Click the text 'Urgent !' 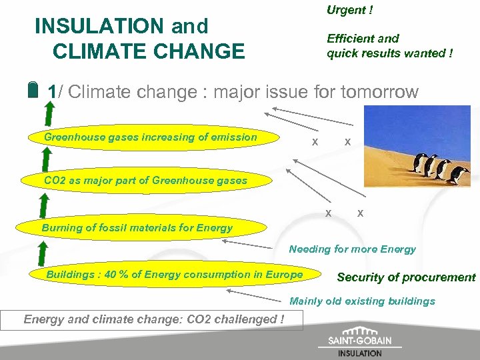(x=349, y=10)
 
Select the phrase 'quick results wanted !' (x=390, y=53)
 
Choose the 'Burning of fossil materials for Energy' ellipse (x=137, y=227)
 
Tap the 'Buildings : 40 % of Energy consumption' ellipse (x=174, y=275)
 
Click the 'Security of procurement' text (x=406, y=277)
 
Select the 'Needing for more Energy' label (x=352, y=249)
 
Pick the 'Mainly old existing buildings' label (x=362, y=301)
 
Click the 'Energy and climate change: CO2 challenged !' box (x=154, y=319)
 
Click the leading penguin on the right (x=459, y=175)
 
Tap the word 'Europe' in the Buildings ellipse (x=284, y=275)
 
